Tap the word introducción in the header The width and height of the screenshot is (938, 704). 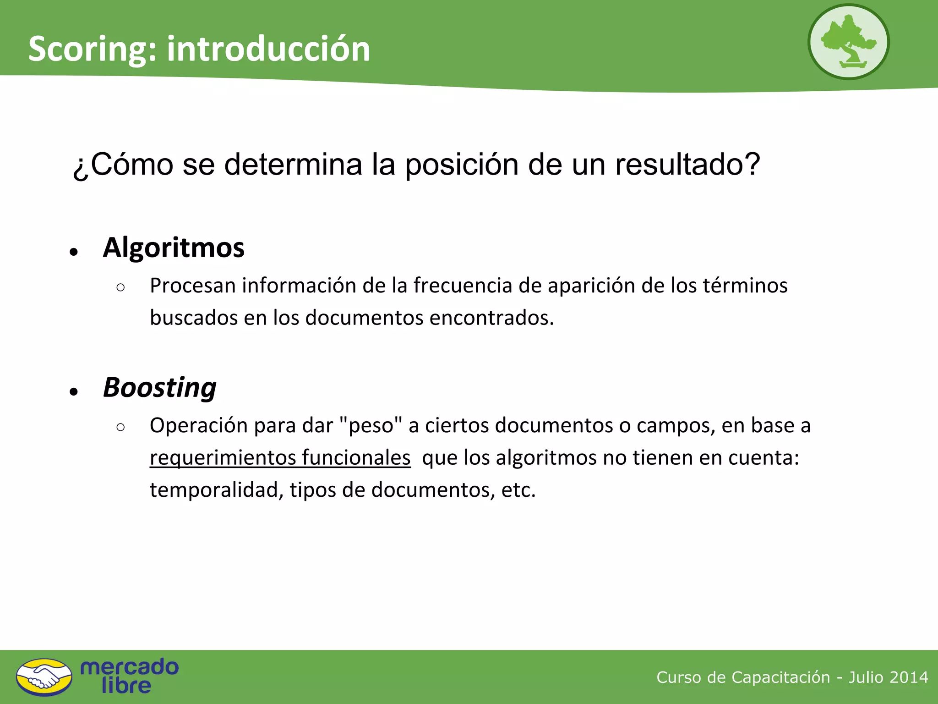pos(268,49)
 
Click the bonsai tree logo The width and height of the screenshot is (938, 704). pos(848,42)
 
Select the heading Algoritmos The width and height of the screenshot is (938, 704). pos(174,247)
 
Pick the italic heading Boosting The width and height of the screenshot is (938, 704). pos(160,388)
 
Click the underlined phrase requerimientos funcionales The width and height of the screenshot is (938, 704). pos(280,458)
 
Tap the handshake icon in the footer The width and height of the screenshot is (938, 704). pos(44,677)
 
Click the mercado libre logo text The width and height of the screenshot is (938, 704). pos(129,676)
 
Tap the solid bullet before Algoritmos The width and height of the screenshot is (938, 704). pos(74,252)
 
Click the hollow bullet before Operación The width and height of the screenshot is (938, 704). pos(120,427)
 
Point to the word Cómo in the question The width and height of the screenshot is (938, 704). pos(131,164)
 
